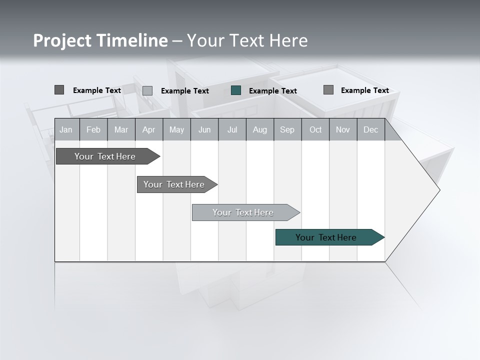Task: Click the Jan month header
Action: click(66, 129)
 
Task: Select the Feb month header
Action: click(93, 129)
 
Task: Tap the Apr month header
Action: click(148, 129)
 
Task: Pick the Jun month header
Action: click(204, 129)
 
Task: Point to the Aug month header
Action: click(259, 129)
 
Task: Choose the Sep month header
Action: click(287, 129)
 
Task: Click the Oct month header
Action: click(315, 129)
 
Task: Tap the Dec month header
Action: click(370, 129)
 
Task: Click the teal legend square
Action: click(236, 90)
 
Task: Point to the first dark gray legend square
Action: click(59, 90)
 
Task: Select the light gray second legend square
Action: click(147, 90)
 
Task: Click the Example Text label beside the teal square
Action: click(273, 91)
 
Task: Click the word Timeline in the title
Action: click(132, 40)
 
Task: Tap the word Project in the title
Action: click(62, 40)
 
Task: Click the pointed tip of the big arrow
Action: click(438, 190)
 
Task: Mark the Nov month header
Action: click(343, 129)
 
